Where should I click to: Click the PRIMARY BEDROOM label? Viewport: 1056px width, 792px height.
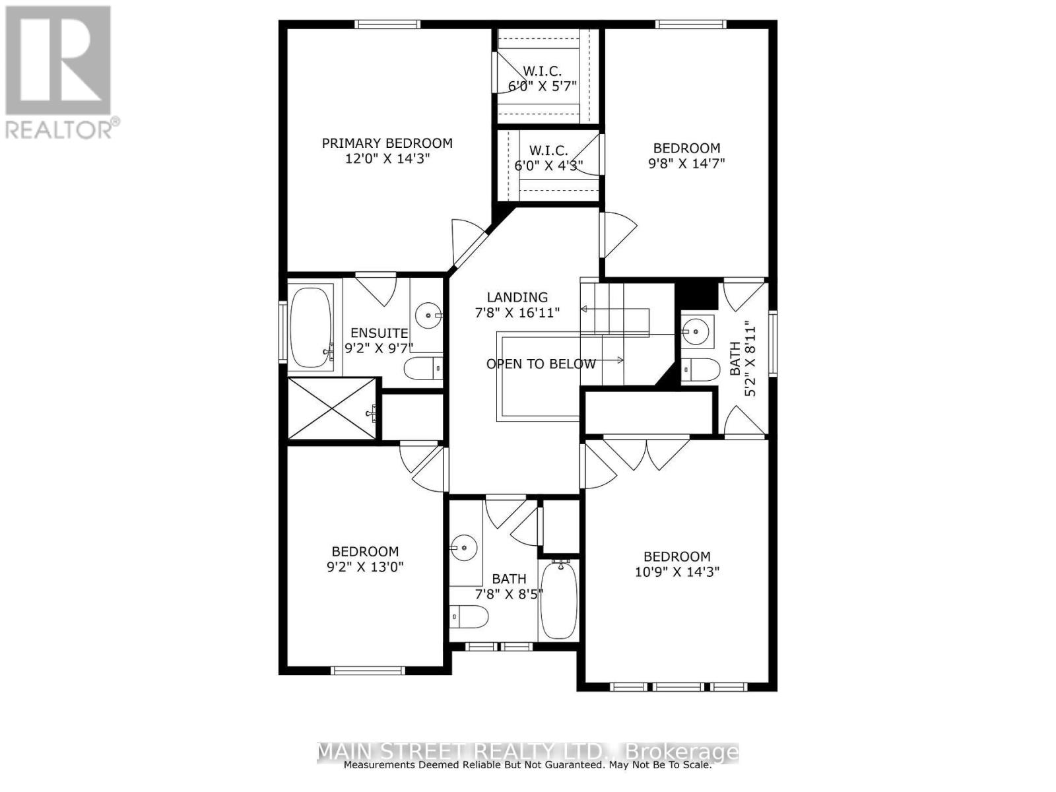387,143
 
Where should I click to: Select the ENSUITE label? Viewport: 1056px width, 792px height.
379,333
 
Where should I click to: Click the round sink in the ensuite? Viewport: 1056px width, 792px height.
429,316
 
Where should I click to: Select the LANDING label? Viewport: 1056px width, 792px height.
517,298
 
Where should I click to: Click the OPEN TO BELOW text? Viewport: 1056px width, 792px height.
541,364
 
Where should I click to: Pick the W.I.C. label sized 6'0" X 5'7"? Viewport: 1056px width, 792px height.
542,71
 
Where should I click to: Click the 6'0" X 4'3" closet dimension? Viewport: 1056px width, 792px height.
548,166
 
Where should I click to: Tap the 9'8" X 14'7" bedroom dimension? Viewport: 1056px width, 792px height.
686,164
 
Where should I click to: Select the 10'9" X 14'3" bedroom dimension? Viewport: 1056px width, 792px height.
676,572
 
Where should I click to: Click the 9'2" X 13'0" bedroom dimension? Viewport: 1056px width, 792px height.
365,567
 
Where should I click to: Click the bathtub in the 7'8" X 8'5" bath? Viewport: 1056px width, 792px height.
559,599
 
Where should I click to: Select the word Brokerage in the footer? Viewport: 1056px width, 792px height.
682,752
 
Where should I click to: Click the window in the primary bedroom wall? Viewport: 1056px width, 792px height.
387,24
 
